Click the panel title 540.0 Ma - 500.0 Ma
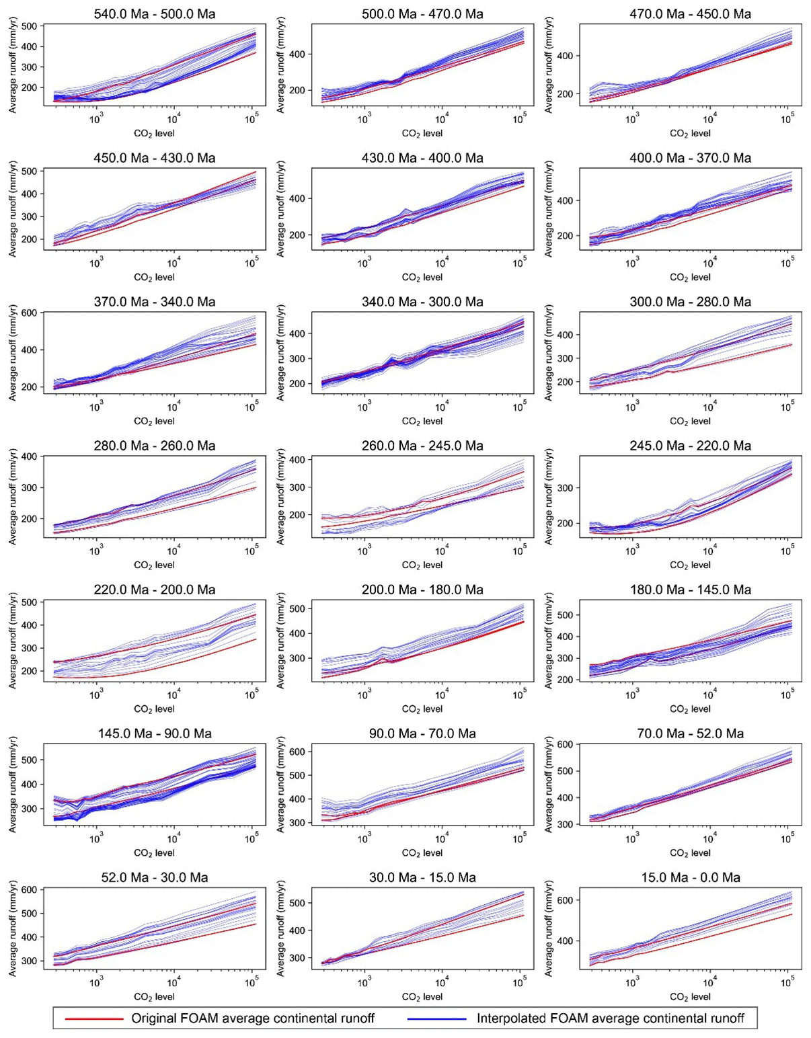click(x=155, y=13)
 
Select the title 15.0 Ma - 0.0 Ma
click(x=690, y=877)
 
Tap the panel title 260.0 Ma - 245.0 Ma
click(x=422, y=446)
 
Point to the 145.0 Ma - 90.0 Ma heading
click(x=155, y=733)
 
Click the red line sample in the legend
click(x=94, y=1019)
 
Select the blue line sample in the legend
click(x=437, y=1019)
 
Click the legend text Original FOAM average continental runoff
click(x=253, y=1019)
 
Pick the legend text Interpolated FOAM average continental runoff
click(x=611, y=1019)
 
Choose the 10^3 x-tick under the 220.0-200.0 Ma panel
click(x=96, y=695)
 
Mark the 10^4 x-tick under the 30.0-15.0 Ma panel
click(x=442, y=983)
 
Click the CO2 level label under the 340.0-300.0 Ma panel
click(x=422, y=422)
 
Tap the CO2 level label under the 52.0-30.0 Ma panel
click(x=155, y=997)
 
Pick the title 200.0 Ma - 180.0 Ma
click(x=422, y=590)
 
